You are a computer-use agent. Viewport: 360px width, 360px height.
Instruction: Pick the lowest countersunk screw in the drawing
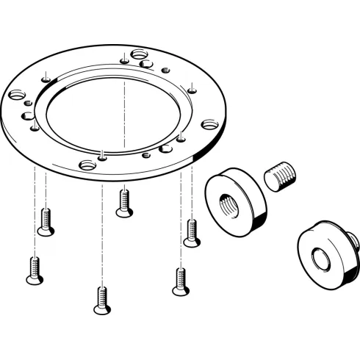101,300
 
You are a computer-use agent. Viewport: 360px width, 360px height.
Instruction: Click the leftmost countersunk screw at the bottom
33,270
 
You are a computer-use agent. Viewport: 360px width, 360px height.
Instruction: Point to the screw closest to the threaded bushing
192,233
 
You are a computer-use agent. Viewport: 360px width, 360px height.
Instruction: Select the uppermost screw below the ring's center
124,202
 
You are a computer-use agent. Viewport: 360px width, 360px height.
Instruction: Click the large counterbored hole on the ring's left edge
16,95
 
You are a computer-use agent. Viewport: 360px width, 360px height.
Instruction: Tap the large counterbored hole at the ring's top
138,54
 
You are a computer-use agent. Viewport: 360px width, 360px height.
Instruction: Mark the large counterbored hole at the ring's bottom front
87,164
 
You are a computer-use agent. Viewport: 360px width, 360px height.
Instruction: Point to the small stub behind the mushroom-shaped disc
353,239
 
